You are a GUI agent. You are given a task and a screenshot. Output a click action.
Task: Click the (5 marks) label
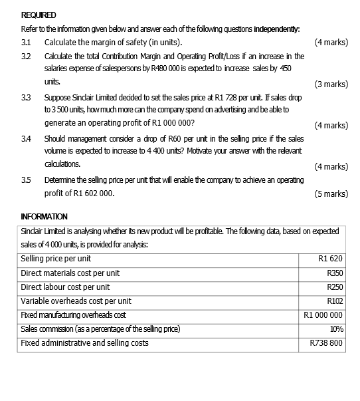click(x=331, y=194)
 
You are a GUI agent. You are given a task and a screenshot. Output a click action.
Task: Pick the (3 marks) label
click(x=331, y=84)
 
